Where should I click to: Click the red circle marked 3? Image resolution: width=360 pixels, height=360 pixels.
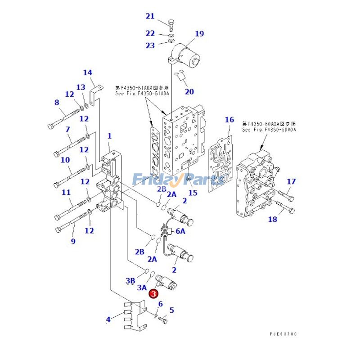click(153, 293)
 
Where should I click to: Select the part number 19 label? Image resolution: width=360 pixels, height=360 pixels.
click(199, 34)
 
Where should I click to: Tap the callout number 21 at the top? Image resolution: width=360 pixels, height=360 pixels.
click(150, 17)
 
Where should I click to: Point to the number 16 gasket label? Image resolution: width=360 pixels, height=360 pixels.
click(229, 120)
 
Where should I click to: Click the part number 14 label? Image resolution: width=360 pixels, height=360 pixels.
click(87, 72)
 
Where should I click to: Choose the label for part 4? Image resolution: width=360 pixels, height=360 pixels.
click(108, 320)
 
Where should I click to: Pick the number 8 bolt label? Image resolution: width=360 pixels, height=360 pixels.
click(57, 103)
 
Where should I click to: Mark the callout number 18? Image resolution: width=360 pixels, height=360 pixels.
click(273, 220)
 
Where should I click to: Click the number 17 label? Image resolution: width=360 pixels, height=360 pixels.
click(292, 182)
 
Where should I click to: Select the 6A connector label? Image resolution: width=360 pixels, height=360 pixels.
click(180, 231)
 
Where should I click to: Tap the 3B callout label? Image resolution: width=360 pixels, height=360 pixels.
click(130, 281)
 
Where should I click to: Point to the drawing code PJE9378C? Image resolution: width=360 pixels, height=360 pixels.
click(283, 334)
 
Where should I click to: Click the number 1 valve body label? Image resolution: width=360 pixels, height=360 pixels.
click(109, 136)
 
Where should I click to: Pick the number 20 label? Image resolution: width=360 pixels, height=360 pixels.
click(189, 92)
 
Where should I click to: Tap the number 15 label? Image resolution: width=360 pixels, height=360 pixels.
click(193, 193)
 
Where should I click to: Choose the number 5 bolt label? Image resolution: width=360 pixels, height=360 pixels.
click(171, 310)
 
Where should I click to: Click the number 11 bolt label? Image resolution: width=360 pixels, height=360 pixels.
click(66, 193)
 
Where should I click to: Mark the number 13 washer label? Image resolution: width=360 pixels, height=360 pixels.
click(81, 87)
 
